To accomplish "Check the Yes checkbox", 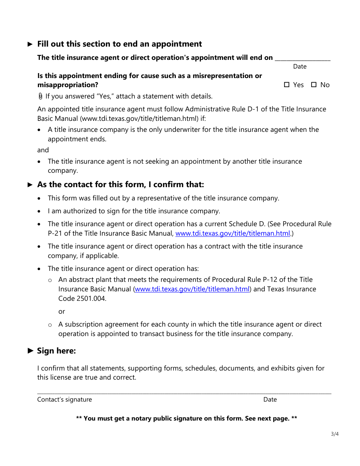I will [286, 85].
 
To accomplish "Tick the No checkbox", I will [314, 85].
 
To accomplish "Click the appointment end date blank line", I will [302, 58].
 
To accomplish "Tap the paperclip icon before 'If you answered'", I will [41, 96].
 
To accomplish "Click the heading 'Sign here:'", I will [56, 351].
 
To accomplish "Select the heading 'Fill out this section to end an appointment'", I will [119, 44].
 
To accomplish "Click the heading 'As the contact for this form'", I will [121, 185].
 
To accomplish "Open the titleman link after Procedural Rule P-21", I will [233, 233].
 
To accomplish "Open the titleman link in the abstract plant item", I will [192, 289].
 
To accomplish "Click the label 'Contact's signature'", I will [64, 399].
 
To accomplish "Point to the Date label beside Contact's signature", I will [270, 399].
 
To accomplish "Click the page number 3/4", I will [335, 434].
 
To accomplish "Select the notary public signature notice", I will [186, 418].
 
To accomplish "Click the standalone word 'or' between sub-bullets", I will [62, 311].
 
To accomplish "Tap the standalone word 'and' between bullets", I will [43, 150].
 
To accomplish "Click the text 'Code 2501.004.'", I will [82, 298].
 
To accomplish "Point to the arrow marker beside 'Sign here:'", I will [31, 351].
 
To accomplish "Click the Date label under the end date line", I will [300, 66].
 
